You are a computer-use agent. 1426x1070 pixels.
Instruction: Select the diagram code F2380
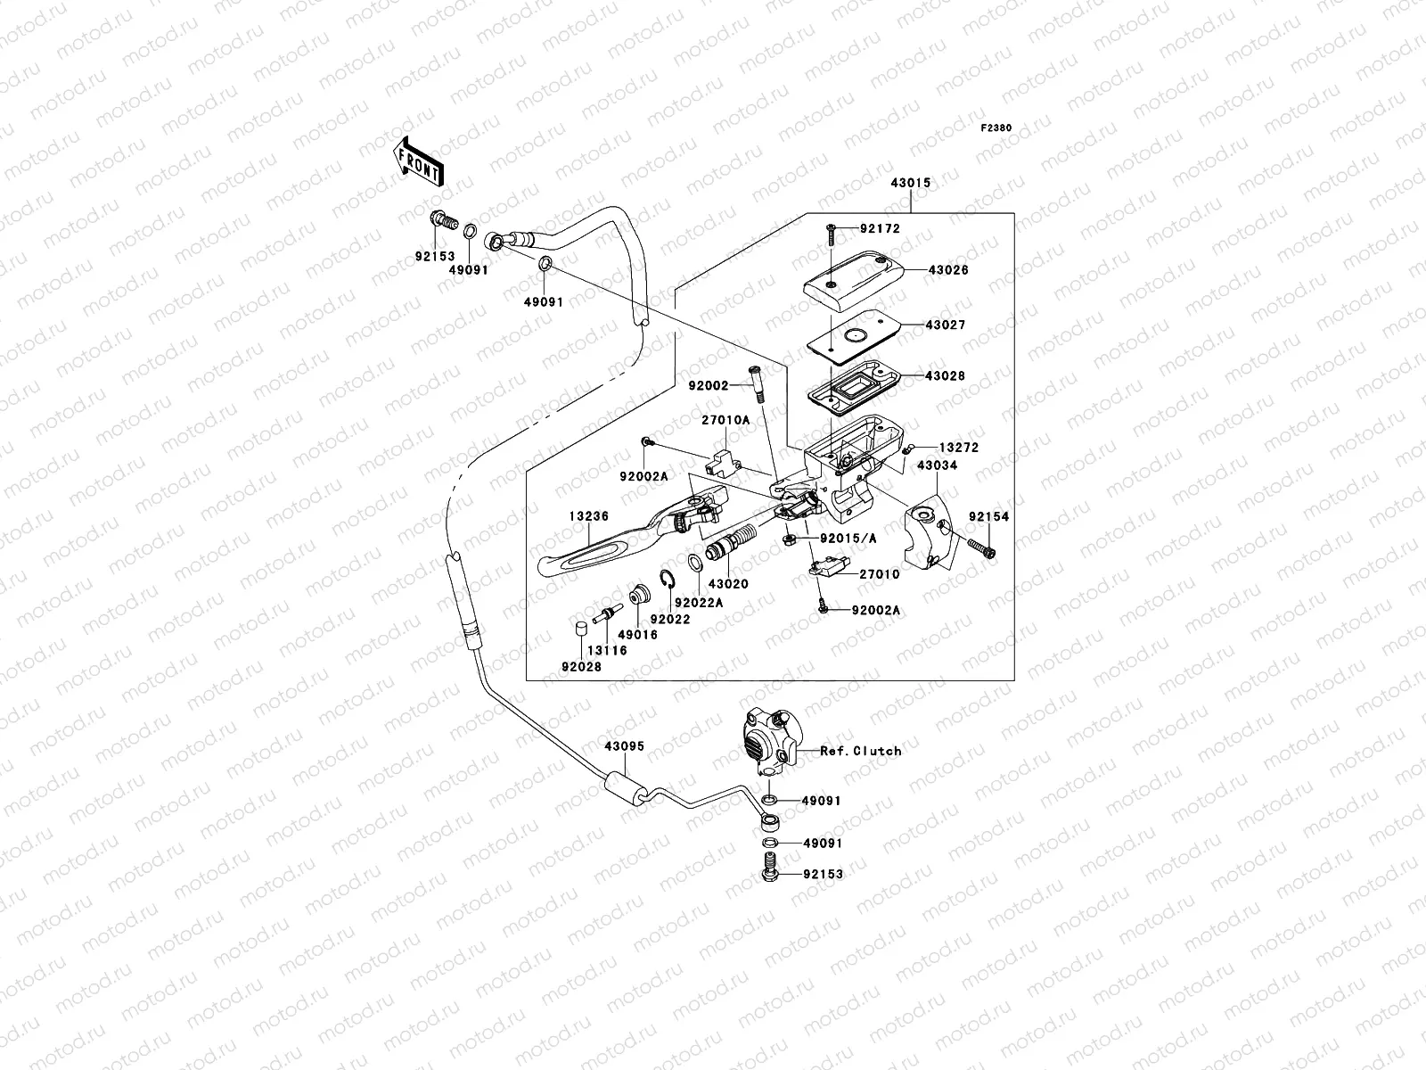996,128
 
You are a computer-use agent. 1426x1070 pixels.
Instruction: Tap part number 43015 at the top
910,184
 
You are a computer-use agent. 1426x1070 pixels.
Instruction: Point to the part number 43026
948,270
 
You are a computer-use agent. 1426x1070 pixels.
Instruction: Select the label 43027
947,326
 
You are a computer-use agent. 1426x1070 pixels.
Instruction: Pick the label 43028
947,377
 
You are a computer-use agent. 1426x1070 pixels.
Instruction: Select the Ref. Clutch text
861,752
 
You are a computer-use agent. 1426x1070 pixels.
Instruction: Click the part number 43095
624,747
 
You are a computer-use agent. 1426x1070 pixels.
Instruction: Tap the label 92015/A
848,539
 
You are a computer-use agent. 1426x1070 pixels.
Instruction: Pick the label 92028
580,666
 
